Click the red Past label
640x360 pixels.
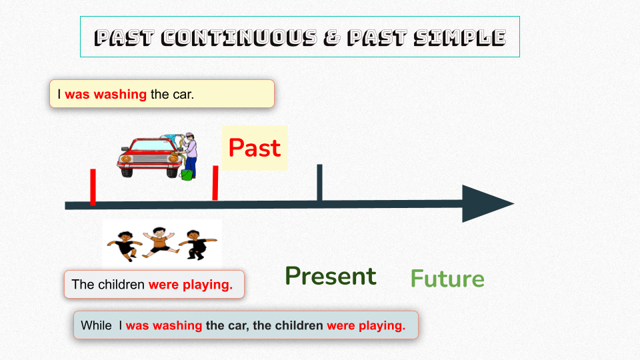pyautogui.click(x=254, y=148)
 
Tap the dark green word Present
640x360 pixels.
pyautogui.click(x=331, y=276)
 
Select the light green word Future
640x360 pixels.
pyautogui.click(x=447, y=279)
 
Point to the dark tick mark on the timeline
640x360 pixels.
pyautogui.click(x=319, y=181)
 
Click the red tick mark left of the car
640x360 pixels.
pyautogui.click(x=93, y=187)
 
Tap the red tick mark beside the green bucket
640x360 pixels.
pyautogui.click(x=215, y=183)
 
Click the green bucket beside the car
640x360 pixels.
pyautogui.click(x=187, y=175)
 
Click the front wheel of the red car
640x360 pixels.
pyautogui.click(x=127, y=169)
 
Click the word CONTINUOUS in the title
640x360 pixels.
pyautogui.click(x=236, y=37)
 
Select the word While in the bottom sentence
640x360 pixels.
pyautogui.click(x=96, y=326)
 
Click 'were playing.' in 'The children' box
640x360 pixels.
pyautogui.click(x=191, y=285)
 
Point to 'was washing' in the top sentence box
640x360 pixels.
pyautogui.click(x=105, y=94)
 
